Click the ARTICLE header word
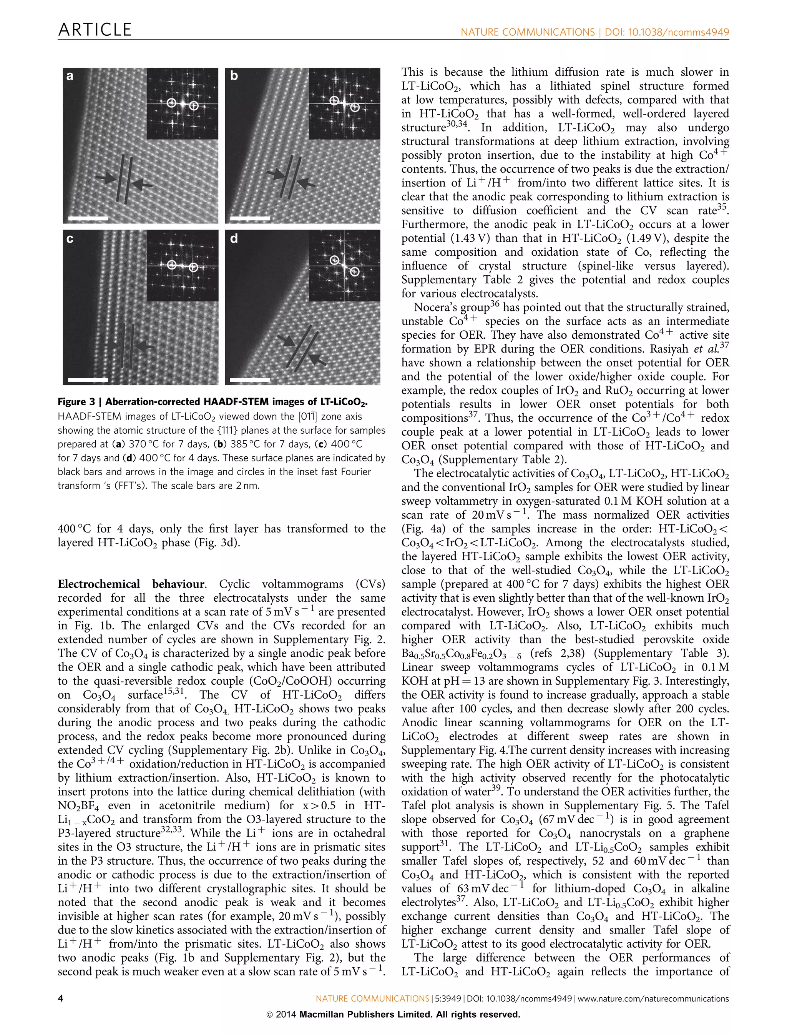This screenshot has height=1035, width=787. pyautogui.click(x=95, y=30)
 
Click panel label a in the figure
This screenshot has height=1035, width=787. pyautogui.click(x=70, y=76)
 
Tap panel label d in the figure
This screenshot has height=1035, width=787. pyautogui.click(x=234, y=239)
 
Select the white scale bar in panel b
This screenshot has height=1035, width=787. pyautogui.click(x=251, y=218)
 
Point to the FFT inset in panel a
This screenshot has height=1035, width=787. pyautogui.click(x=182, y=103)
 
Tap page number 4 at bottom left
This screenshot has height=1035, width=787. pyautogui.click(x=60, y=998)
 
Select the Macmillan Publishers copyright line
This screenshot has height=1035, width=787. pyautogui.click(x=393, y=1015)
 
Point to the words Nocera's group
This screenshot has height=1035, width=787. pyautogui.click(x=452, y=308)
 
